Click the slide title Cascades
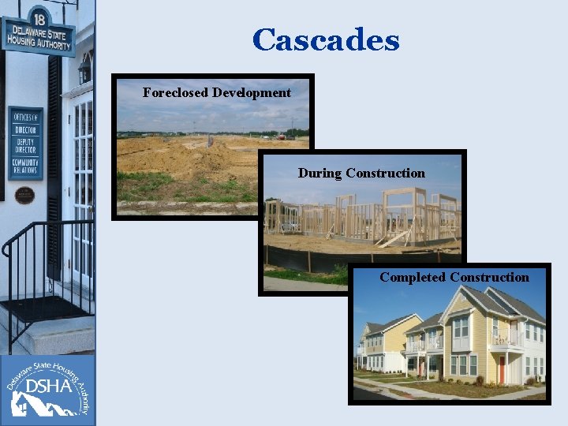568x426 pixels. (x=326, y=40)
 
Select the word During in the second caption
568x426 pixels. (x=319, y=174)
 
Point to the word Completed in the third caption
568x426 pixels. (x=413, y=278)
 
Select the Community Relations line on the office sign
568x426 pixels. (x=26, y=167)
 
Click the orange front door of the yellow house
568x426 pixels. (x=502, y=369)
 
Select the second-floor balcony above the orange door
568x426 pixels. (x=506, y=339)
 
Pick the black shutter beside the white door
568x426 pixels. (x=54, y=166)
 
